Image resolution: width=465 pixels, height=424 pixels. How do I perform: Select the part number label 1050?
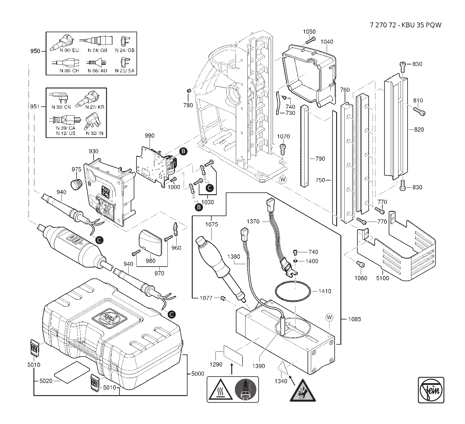309,32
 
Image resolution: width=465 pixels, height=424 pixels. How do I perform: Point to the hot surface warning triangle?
220,390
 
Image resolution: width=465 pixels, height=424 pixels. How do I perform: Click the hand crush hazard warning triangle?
302,391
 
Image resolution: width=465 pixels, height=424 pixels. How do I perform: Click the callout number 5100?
382,278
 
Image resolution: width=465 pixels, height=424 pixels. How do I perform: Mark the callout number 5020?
46,381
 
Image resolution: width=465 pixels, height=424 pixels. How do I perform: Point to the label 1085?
355,319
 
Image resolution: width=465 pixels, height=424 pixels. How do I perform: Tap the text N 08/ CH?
69,71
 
